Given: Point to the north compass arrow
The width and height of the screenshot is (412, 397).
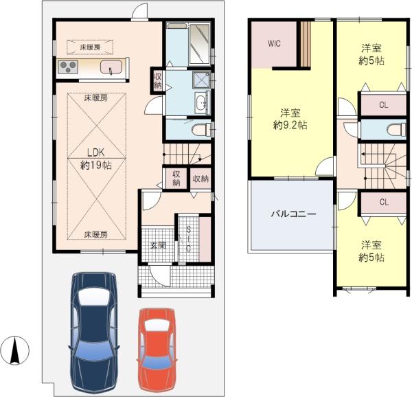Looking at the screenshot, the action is point(15,350).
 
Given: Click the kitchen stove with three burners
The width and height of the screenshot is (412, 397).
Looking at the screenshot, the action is point(68,67).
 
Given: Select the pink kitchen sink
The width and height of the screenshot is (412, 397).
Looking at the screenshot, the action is point(111,67).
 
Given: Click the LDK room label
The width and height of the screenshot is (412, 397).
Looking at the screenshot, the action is point(96,152).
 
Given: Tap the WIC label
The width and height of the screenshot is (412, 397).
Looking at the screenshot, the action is point(274,43).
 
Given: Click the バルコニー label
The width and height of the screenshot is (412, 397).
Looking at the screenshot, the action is point(293,214).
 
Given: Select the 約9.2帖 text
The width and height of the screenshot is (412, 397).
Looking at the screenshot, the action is point(290,125).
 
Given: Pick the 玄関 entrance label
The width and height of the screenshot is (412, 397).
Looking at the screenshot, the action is point(158,246).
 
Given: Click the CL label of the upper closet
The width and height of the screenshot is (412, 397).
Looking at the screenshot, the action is point(384,105).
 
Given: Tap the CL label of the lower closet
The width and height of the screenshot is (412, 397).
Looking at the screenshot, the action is point(384,203).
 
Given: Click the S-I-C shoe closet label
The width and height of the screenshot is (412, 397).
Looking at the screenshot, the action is point(188,239).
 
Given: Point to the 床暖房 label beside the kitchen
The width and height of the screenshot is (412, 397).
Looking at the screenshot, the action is point(90,47).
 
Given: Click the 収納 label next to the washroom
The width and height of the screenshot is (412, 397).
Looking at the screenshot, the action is point(158,81).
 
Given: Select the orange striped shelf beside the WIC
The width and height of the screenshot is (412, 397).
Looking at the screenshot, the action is point(306,44).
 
